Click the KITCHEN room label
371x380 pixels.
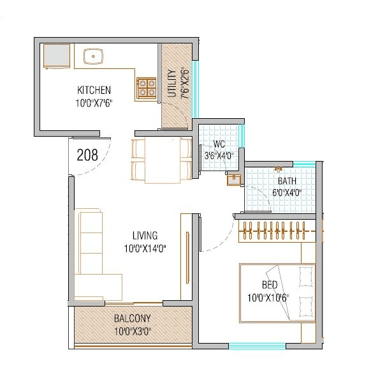(94, 89)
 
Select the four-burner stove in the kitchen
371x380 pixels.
(147, 87)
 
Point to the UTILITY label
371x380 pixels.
(171, 83)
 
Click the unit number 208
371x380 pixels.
(87, 155)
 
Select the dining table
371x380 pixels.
(162, 160)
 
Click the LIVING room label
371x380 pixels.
(145, 236)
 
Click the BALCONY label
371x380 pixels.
(132, 319)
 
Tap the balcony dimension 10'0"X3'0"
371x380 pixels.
(132, 331)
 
